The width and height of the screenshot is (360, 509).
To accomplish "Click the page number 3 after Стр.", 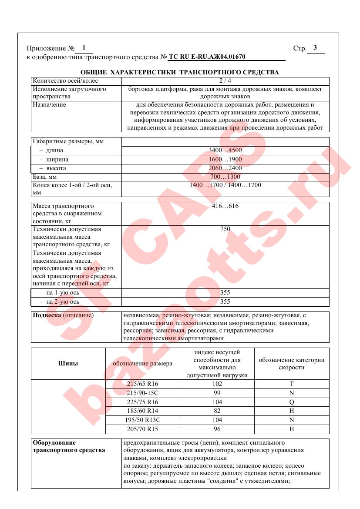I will [315, 48].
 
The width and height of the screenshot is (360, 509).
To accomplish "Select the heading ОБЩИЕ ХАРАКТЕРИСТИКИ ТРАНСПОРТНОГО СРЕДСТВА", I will [180, 72].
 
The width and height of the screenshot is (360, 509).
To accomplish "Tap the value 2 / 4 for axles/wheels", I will [225, 81].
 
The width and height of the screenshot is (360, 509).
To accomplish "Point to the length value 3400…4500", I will [225, 151].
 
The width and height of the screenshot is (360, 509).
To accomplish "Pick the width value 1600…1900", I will [225, 160].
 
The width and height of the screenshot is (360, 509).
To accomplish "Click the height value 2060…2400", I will [225, 168].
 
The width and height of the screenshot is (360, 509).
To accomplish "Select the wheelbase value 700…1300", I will [225, 177].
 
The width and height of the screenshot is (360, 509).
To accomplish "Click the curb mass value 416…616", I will [225, 206].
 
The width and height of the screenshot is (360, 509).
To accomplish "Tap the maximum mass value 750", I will [225, 229].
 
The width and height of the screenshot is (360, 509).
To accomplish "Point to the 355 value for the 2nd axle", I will [225, 301].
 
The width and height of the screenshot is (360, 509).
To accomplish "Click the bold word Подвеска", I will [47, 315].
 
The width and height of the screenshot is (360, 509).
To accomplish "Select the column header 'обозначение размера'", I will [142, 364].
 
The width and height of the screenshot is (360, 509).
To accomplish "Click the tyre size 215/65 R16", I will [142, 384].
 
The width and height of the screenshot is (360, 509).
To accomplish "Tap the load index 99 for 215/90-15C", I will [217, 393].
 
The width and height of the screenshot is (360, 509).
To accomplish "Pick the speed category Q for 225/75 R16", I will [292, 402].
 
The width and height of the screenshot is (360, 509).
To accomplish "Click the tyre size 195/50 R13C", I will [142, 420].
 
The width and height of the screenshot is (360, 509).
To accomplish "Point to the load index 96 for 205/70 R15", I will [217, 429].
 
